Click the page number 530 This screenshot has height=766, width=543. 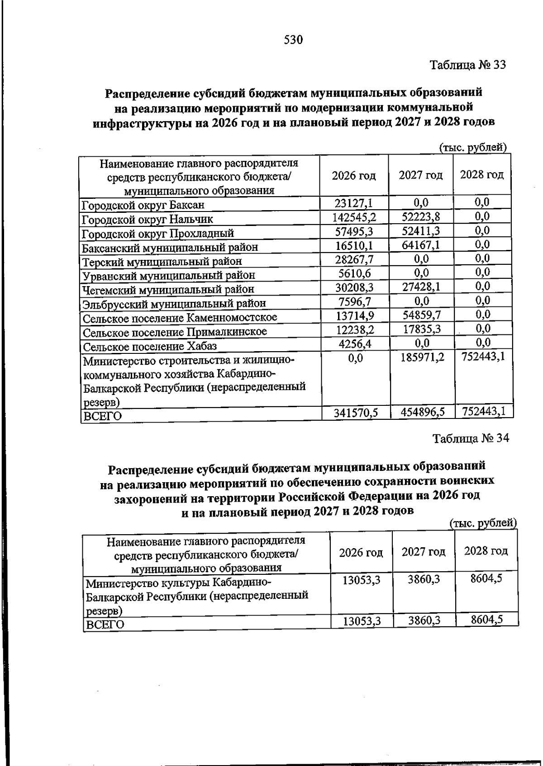pos(293,40)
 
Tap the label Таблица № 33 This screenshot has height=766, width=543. pos(467,65)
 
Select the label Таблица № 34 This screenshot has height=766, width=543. pos(471,438)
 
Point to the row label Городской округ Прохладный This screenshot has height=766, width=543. pos(158,234)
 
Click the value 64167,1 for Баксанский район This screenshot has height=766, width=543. pos(421,245)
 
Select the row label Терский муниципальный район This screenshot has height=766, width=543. pos(162,262)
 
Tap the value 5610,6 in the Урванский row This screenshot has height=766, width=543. pos(354,273)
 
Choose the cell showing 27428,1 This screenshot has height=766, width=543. pos(421,287)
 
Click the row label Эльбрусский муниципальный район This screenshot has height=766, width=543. pos(174,303)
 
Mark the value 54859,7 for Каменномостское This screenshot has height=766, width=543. pos(421,315)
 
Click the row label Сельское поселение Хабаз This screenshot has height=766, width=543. pos(150,347)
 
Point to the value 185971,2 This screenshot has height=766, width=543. pos(422,357)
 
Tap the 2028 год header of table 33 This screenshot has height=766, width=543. pos(481,175)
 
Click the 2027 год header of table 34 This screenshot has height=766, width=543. pos(424,552)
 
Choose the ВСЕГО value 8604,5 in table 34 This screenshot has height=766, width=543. pos(486,620)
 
